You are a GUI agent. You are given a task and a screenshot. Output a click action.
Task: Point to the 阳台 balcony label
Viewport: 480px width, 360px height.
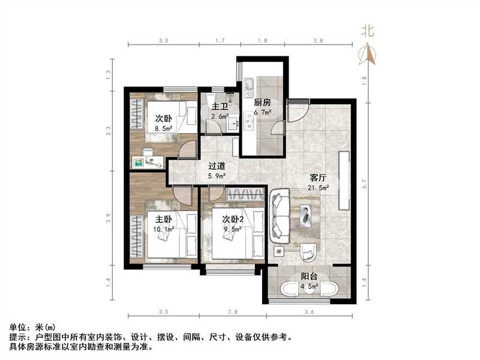point(310,277)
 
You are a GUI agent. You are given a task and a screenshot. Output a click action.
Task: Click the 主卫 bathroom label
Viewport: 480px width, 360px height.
point(219,107)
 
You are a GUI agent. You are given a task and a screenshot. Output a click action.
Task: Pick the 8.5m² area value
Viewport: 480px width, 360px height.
point(164,127)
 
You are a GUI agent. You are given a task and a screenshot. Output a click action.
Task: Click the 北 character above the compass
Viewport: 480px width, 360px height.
point(367,31)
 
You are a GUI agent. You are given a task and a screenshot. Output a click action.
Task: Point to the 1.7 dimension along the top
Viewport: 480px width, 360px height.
point(219,40)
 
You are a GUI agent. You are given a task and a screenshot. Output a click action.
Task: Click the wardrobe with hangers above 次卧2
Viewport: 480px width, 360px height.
point(244,194)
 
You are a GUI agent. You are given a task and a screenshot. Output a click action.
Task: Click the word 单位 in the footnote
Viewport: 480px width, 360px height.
point(18,328)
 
